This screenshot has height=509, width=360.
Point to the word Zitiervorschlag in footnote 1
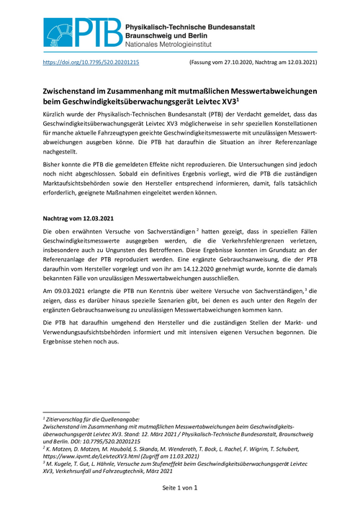pyautogui.click(x=66, y=418)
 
